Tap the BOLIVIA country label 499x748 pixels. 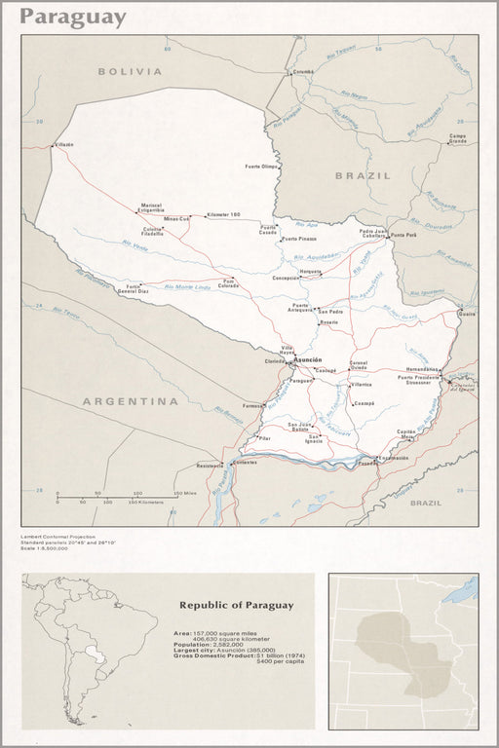coord(130,71)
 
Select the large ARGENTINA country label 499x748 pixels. coord(130,401)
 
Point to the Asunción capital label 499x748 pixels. coord(307,359)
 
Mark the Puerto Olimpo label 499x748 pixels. coord(262,167)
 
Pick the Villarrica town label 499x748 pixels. coord(362,386)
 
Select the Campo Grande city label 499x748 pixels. coord(458,138)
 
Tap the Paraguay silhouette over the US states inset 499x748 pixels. coord(400,648)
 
